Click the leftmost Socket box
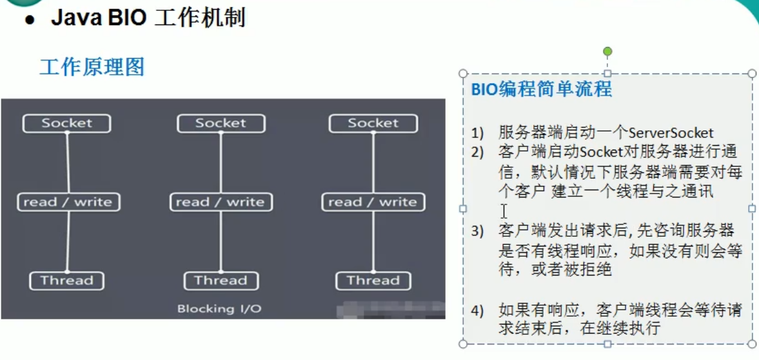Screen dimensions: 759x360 (x=66, y=124)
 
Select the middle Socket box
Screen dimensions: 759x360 (x=221, y=124)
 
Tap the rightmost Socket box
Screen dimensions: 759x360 (x=373, y=124)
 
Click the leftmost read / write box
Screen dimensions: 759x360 (x=68, y=202)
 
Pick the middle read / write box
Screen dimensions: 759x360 (x=221, y=202)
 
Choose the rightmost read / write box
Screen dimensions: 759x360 (x=373, y=202)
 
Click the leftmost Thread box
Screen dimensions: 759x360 (x=67, y=281)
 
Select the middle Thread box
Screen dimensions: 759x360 (x=221, y=281)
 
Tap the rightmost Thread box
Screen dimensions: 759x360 (x=373, y=281)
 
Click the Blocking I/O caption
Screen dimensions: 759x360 (x=219, y=308)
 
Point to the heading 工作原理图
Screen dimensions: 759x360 (x=92, y=67)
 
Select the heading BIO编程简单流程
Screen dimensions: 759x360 (x=542, y=89)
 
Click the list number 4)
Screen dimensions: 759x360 (x=478, y=310)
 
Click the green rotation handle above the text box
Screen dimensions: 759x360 (x=607, y=52)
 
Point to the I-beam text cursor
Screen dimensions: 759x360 (x=504, y=211)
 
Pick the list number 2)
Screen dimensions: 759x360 (x=478, y=152)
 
